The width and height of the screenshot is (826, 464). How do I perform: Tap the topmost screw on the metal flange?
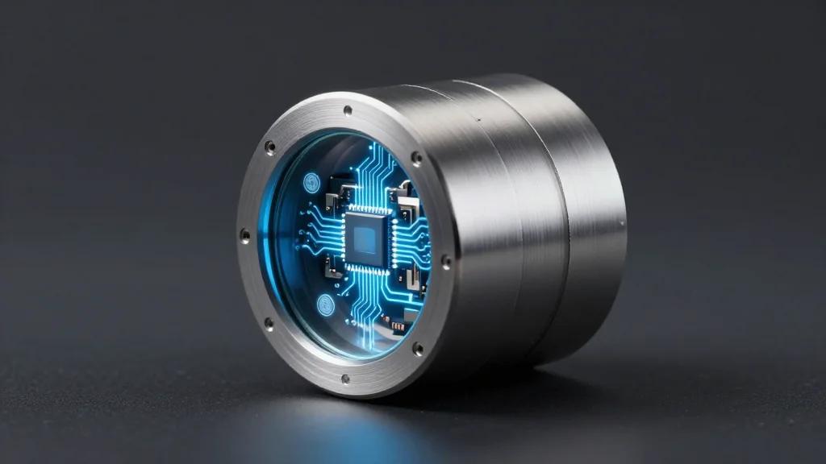348,110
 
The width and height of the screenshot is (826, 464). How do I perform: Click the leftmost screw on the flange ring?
244,235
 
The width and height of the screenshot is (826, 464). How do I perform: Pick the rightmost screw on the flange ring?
445,260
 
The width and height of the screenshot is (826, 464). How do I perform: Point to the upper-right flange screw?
416,157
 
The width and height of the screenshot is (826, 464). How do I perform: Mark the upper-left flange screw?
269,147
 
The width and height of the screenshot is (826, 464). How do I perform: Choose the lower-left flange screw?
269,324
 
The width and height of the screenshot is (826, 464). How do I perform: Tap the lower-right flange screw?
417,349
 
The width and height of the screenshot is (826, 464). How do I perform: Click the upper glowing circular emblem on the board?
312,182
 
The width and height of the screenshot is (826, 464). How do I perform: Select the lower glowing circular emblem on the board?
325,304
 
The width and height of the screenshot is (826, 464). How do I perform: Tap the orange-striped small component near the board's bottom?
398,325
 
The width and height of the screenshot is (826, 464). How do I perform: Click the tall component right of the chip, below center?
414,278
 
